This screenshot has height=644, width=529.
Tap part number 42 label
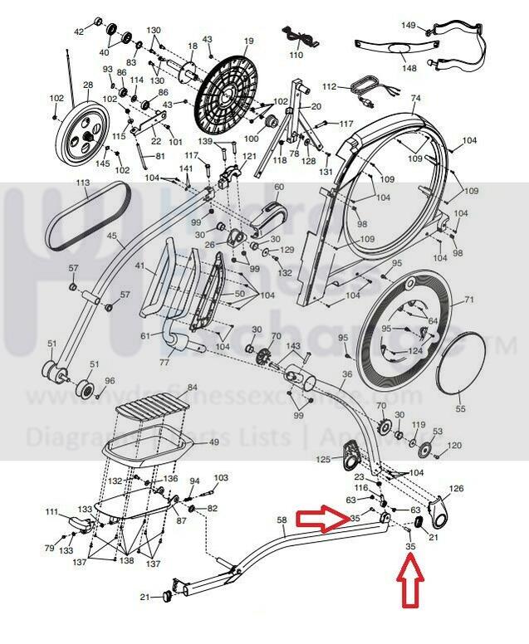pyautogui.click(x=80, y=32)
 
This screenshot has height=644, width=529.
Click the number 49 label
pyautogui.click(x=213, y=443)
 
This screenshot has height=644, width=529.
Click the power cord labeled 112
pyautogui.click(x=364, y=88)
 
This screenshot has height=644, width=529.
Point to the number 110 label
pyautogui.click(x=296, y=55)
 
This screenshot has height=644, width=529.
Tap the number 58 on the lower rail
pyautogui.click(x=282, y=520)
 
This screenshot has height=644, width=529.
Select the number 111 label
pyautogui.click(x=52, y=512)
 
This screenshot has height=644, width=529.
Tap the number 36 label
pyautogui.click(x=346, y=374)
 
